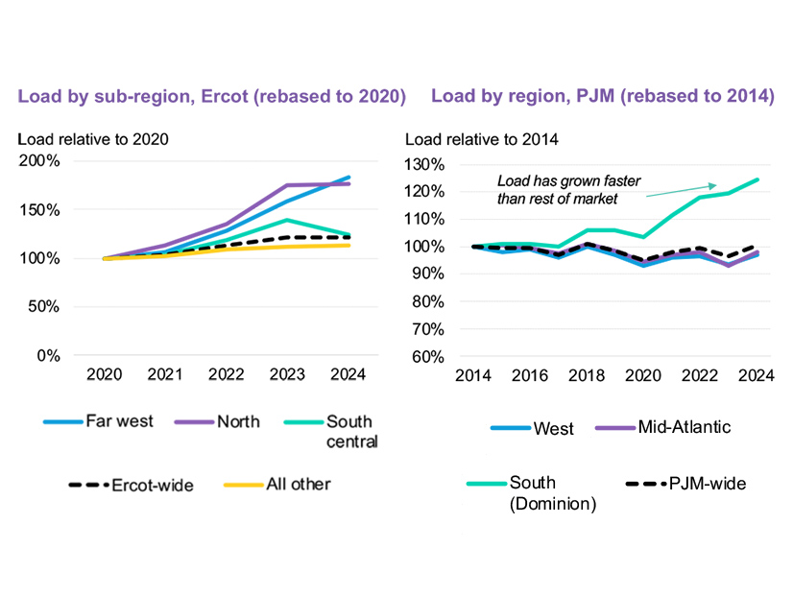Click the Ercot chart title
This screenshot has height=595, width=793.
click(212, 97)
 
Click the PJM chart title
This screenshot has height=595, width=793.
click(603, 97)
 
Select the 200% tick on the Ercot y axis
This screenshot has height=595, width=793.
click(41, 160)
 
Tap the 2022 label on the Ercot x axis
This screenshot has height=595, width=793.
click(227, 374)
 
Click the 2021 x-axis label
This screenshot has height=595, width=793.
click(166, 374)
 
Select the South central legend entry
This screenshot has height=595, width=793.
click(349, 432)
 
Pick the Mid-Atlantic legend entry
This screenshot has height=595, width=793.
click(684, 427)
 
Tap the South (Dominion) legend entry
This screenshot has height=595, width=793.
click(552, 492)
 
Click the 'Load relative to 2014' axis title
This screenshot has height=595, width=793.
click(482, 139)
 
